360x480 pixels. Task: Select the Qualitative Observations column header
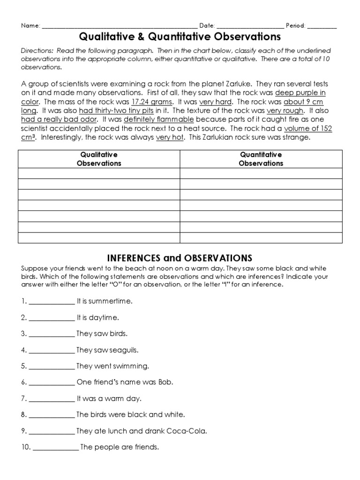[99, 159]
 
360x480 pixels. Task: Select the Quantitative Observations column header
[261, 159]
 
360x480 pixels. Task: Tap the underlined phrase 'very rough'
[285, 111]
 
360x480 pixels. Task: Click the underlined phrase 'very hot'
[170, 137]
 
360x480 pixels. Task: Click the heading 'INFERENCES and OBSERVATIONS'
[180, 258]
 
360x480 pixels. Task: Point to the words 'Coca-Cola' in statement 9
[190, 431]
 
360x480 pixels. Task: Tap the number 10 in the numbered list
[25, 447]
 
